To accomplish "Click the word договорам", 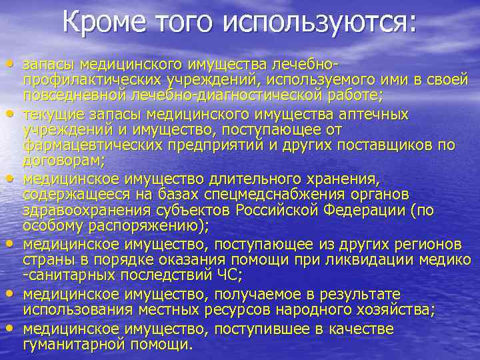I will (62, 160).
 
